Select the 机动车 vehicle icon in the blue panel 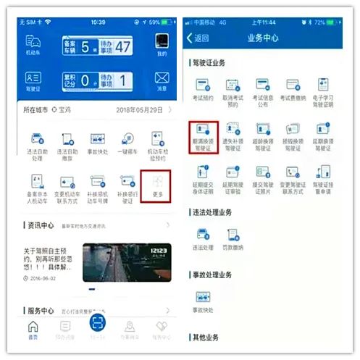point(33,44)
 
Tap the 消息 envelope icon point(162,80)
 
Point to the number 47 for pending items point(122,48)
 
